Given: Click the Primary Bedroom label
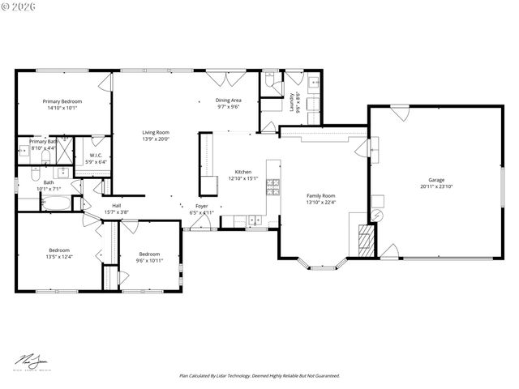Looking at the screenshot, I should [62, 101].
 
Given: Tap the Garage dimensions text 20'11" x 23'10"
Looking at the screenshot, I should [436, 187].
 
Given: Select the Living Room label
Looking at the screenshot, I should [156, 132].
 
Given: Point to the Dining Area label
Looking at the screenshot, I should [228, 100].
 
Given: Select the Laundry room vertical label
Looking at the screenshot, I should [291, 102].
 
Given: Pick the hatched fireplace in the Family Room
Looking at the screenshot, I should [367, 241].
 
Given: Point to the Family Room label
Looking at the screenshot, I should [320, 196].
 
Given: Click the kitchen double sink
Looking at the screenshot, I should [255, 220].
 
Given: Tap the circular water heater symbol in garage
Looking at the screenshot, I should [377, 215].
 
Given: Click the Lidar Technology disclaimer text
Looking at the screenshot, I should [259, 376].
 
